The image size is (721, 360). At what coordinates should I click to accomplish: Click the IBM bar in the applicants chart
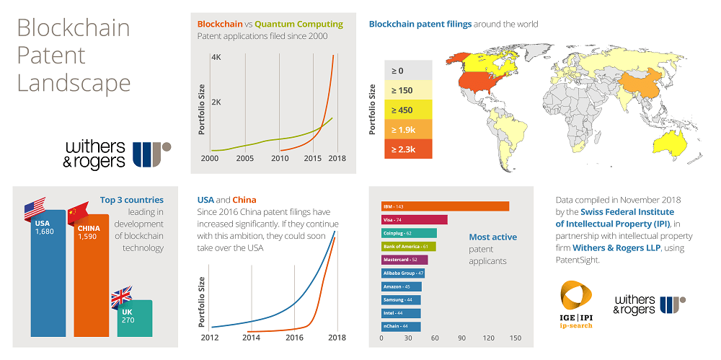pyautogui.click(x=445, y=206)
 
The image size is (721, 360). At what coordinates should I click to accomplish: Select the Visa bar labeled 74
pyautogui.click(x=414, y=219)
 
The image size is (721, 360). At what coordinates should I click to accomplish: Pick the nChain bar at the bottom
pyautogui.click(x=401, y=327)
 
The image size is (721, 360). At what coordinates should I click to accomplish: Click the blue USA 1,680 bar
pyautogui.click(x=48, y=274)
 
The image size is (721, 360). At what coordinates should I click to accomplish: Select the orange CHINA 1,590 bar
pyautogui.click(x=92, y=278)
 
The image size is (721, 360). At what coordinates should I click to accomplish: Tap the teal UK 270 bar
pyautogui.click(x=135, y=317)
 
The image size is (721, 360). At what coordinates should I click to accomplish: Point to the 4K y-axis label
pyautogui.click(x=216, y=58)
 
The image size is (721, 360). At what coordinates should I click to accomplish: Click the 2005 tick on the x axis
pyautogui.click(x=245, y=159)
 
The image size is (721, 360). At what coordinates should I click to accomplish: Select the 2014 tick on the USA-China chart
pyautogui.click(x=251, y=338)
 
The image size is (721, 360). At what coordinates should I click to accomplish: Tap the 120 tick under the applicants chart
pyautogui.click(x=488, y=338)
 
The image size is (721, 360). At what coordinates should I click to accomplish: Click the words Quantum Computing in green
pyautogui.click(x=299, y=24)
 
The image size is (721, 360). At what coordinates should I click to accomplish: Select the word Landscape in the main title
pyautogui.click(x=74, y=82)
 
